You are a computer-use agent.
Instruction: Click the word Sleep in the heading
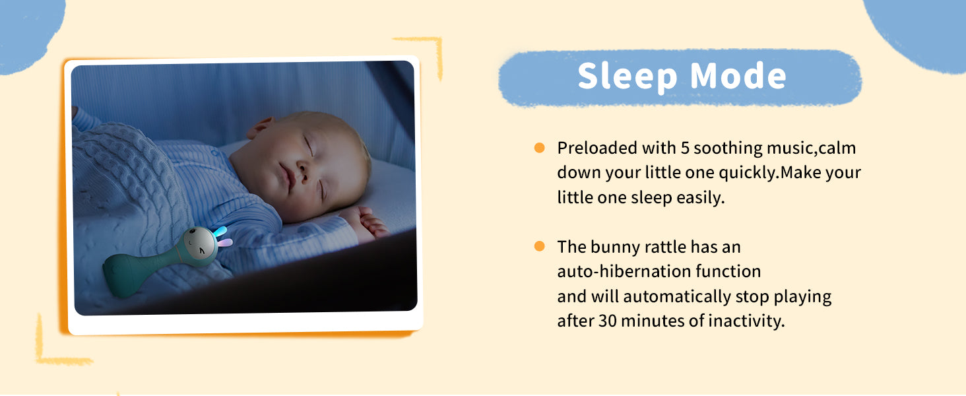click(628, 76)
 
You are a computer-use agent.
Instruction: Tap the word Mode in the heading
click(738, 76)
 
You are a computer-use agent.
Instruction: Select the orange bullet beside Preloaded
click(539, 148)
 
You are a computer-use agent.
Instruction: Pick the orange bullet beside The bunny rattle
click(539, 246)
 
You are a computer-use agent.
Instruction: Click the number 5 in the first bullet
click(685, 148)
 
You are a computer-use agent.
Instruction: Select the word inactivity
click(746, 321)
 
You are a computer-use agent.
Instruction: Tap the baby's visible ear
click(261, 127)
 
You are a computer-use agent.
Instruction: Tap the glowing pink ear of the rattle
click(225, 243)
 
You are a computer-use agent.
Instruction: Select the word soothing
click(728, 148)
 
